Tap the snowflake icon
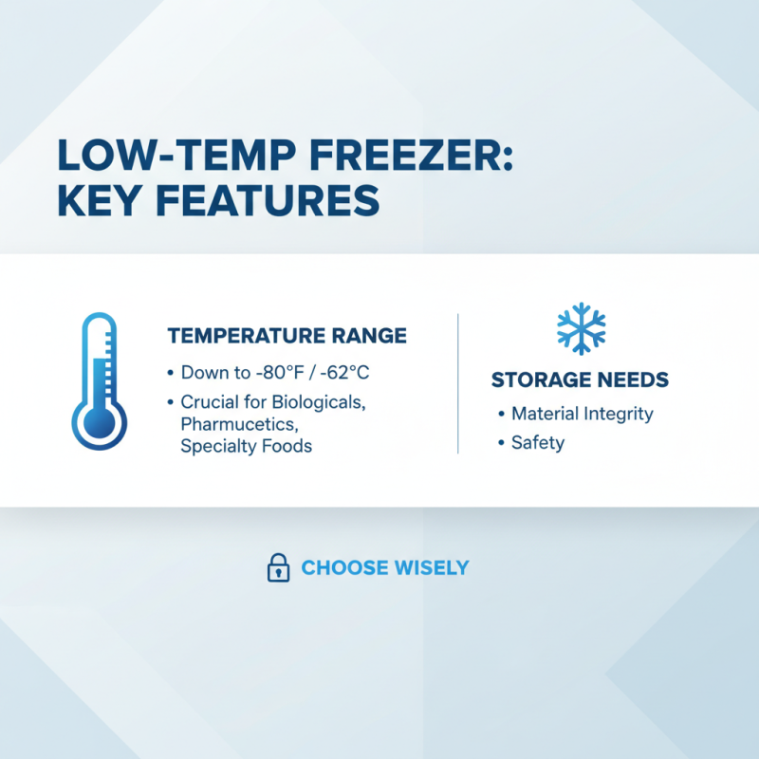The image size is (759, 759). pyautogui.click(x=581, y=328)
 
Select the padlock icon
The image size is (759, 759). pyautogui.click(x=278, y=568)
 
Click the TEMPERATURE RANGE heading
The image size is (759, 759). pyautogui.click(x=287, y=336)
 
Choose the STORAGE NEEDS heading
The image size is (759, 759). pyautogui.click(x=580, y=380)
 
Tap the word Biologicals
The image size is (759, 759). pyautogui.click(x=316, y=402)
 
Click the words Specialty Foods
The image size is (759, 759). pyautogui.click(x=246, y=446)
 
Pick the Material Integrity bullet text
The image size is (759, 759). pyautogui.click(x=582, y=414)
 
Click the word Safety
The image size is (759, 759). pyautogui.click(x=537, y=442)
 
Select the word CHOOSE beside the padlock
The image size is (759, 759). pyautogui.click(x=344, y=568)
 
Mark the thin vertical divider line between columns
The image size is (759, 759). pyautogui.click(x=458, y=383)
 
